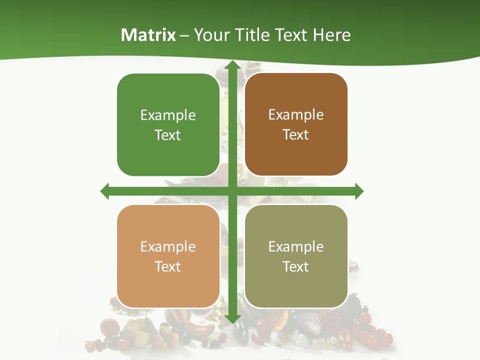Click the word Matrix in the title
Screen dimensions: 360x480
pyautogui.click(x=148, y=35)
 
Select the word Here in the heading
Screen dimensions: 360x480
pyautogui.click(x=332, y=35)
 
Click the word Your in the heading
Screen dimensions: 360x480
pyautogui.click(x=211, y=35)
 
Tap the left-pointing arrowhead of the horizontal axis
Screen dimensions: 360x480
pyautogui.click(x=105, y=191)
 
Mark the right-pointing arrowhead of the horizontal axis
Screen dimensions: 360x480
pyautogui.click(x=359, y=191)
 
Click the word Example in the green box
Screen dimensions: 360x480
pyautogui.click(x=168, y=115)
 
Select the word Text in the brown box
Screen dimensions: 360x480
pyautogui.click(x=296, y=135)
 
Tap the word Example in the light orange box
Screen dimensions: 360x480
pyautogui.click(x=168, y=247)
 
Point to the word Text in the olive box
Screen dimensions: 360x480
pyautogui.click(x=296, y=266)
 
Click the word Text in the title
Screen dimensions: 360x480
pyautogui.click(x=292, y=35)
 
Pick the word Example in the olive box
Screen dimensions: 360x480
pyautogui.click(x=296, y=247)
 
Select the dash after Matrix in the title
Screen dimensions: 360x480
pyautogui.click(x=184, y=35)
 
